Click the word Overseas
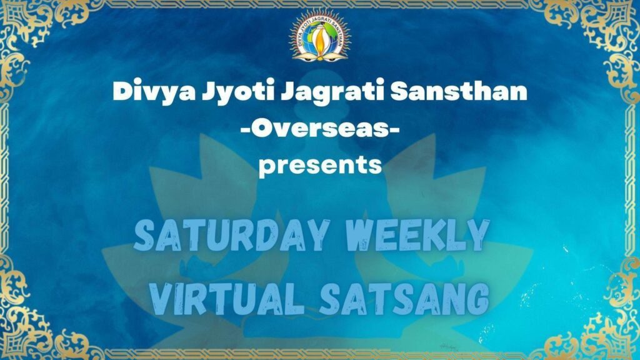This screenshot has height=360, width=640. pos(320,129)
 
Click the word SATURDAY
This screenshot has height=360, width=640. pos(231,236)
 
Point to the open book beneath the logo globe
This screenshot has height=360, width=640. pos(320,56)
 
